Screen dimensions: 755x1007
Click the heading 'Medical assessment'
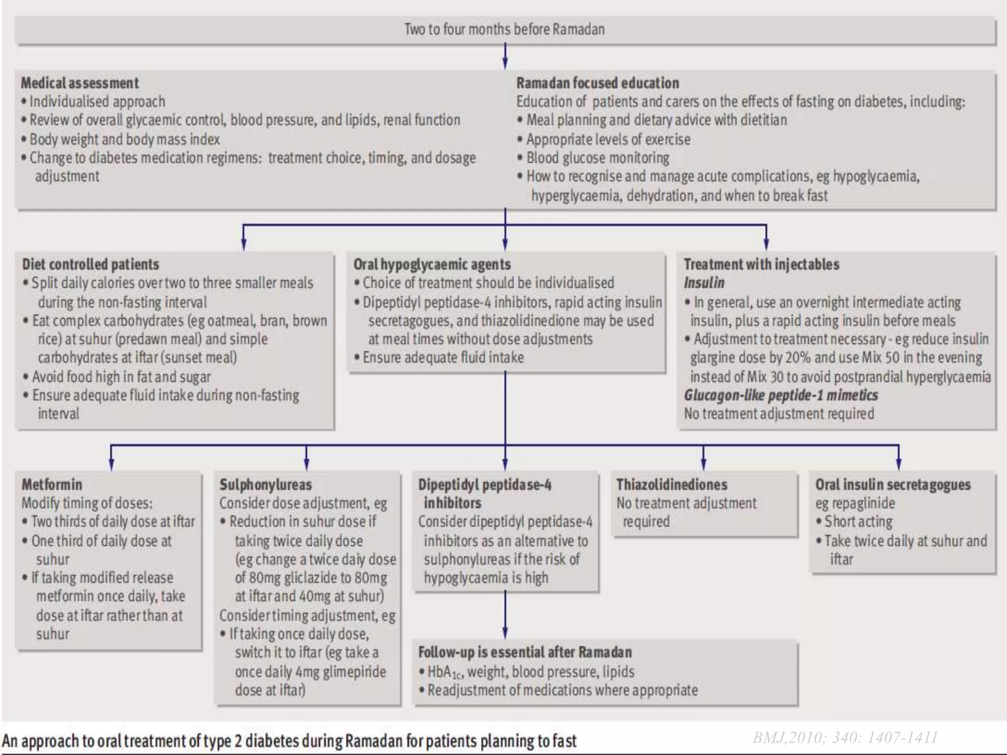click(x=80, y=83)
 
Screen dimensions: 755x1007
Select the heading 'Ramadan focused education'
click(x=597, y=83)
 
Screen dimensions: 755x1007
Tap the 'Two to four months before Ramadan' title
click(x=504, y=29)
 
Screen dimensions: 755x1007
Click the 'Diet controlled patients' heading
click(x=90, y=264)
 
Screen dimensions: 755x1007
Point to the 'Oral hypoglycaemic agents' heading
click(x=432, y=264)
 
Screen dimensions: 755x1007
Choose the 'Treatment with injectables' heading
click(x=761, y=264)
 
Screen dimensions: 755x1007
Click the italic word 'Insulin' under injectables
click(x=704, y=283)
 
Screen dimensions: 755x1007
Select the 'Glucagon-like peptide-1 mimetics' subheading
click(x=781, y=395)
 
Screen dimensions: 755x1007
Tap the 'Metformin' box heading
click(x=52, y=485)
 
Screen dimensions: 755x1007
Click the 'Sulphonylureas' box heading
click(x=266, y=485)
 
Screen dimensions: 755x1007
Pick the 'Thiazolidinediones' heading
click(x=672, y=485)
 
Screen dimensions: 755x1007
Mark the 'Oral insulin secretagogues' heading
click(x=893, y=485)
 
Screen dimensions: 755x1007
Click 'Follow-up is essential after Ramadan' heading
click(x=525, y=652)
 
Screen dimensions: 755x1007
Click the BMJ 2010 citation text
click(x=845, y=737)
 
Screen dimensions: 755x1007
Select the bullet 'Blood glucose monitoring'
click(x=597, y=158)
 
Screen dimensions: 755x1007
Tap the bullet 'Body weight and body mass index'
click(x=124, y=140)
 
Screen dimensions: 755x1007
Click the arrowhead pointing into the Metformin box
click(x=111, y=465)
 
